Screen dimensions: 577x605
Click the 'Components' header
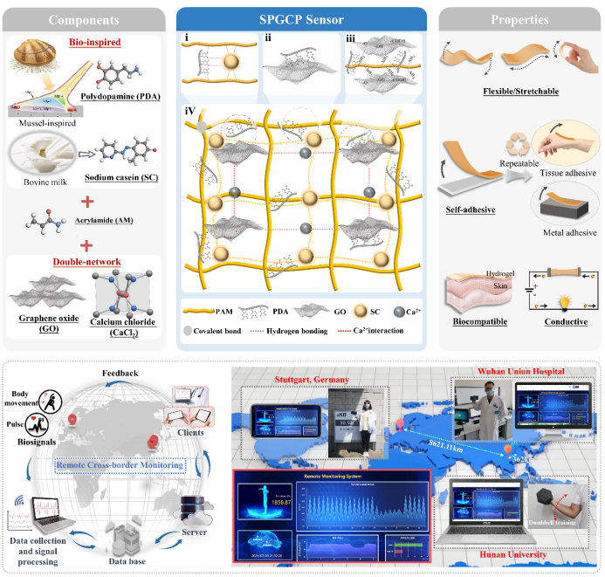click(x=84, y=19)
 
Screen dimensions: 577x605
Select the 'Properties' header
click(x=519, y=19)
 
